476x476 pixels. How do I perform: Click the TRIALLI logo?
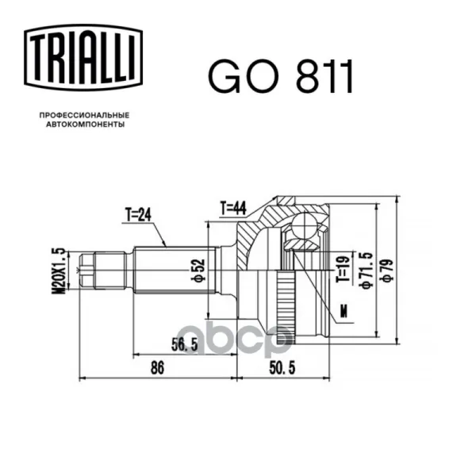[83, 58]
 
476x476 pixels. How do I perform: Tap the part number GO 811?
[281, 75]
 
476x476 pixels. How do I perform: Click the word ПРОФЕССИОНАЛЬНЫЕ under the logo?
[84, 115]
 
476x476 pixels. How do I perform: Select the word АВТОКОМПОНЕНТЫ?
[86, 125]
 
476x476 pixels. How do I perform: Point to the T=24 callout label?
[137, 215]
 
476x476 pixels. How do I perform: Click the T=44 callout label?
[233, 209]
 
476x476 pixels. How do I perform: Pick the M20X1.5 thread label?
[59, 271]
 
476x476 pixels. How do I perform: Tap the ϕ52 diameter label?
[199, 271]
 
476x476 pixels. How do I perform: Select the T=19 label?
[344, 269]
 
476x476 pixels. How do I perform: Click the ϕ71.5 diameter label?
[366, 271]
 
